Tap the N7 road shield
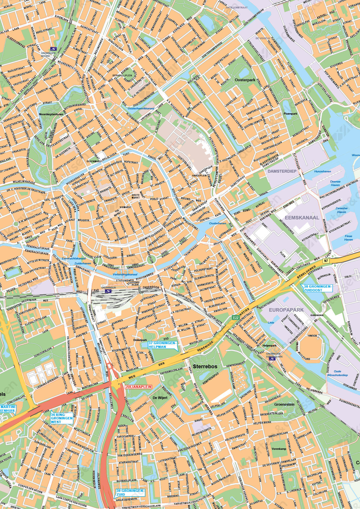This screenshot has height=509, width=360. [327, 261]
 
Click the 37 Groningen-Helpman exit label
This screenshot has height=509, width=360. [162, 345]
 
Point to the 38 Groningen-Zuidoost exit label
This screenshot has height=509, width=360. [317, 288]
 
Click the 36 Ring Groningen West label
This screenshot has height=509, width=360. [62, 418]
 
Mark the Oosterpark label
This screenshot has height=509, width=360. [244, 79]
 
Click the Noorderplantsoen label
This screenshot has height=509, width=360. [51, 114]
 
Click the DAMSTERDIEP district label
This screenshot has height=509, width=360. [282, 171]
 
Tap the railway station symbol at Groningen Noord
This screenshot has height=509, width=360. [53, 49]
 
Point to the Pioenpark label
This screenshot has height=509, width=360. [290, 114]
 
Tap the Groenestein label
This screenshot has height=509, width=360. [284, 404]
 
